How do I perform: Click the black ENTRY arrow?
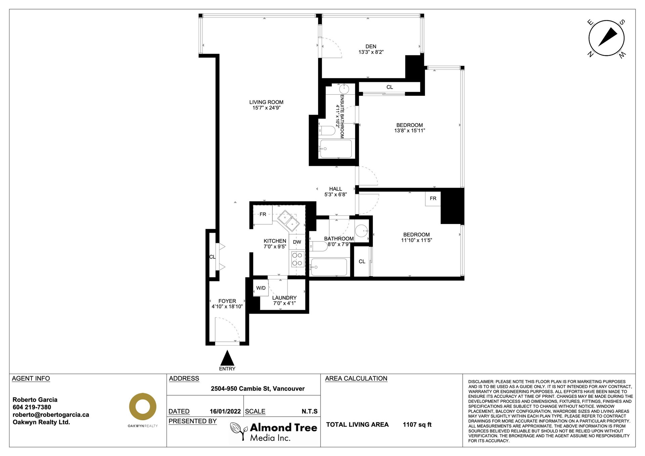point(227,358)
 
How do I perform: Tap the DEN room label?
point(371,47)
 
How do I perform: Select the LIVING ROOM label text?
point(266,102)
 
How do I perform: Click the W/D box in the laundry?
point(261,288)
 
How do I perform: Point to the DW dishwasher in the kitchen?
point(297,242)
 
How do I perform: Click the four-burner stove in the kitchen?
point(297,259)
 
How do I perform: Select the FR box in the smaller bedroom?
point(433,198)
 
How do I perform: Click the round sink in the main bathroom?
point(362,231)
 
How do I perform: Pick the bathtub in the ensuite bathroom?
point(336,149)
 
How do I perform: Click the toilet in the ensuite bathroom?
point(327,130)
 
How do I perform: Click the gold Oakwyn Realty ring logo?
point(143,407)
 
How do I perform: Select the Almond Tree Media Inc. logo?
point(273,431)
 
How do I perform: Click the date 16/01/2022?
point(225,411)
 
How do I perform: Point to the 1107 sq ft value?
point(417,425)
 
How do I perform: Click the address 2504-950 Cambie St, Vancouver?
point(258,389)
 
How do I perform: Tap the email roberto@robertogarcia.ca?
point(51,415)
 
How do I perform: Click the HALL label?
point(336,189)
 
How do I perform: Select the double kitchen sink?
point(288,221)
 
